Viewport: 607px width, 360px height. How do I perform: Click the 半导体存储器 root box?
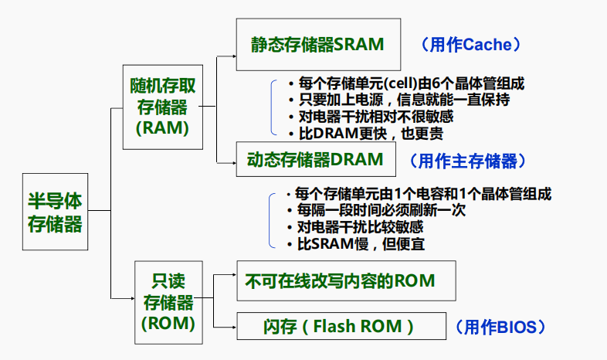coord(55,212)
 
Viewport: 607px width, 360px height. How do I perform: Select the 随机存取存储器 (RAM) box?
coord(162,107)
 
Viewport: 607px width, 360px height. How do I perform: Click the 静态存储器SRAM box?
coord(317,45)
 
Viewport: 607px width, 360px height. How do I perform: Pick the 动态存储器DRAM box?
coord(315,160)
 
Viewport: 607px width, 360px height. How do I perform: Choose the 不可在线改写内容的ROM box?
coord(340,280)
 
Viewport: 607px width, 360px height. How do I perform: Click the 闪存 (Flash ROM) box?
coord(341,326)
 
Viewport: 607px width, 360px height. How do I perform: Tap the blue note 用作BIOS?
coord(500,327)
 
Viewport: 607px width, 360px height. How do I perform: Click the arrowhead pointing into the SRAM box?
coord(232,56)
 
